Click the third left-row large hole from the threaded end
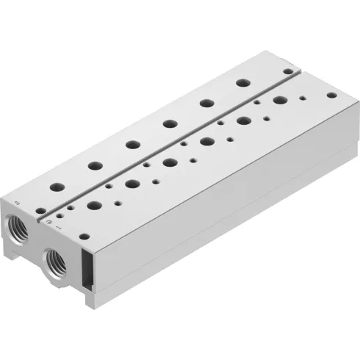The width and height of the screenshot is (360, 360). [132, 143]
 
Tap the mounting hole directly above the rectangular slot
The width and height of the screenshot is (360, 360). [84, 237]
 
